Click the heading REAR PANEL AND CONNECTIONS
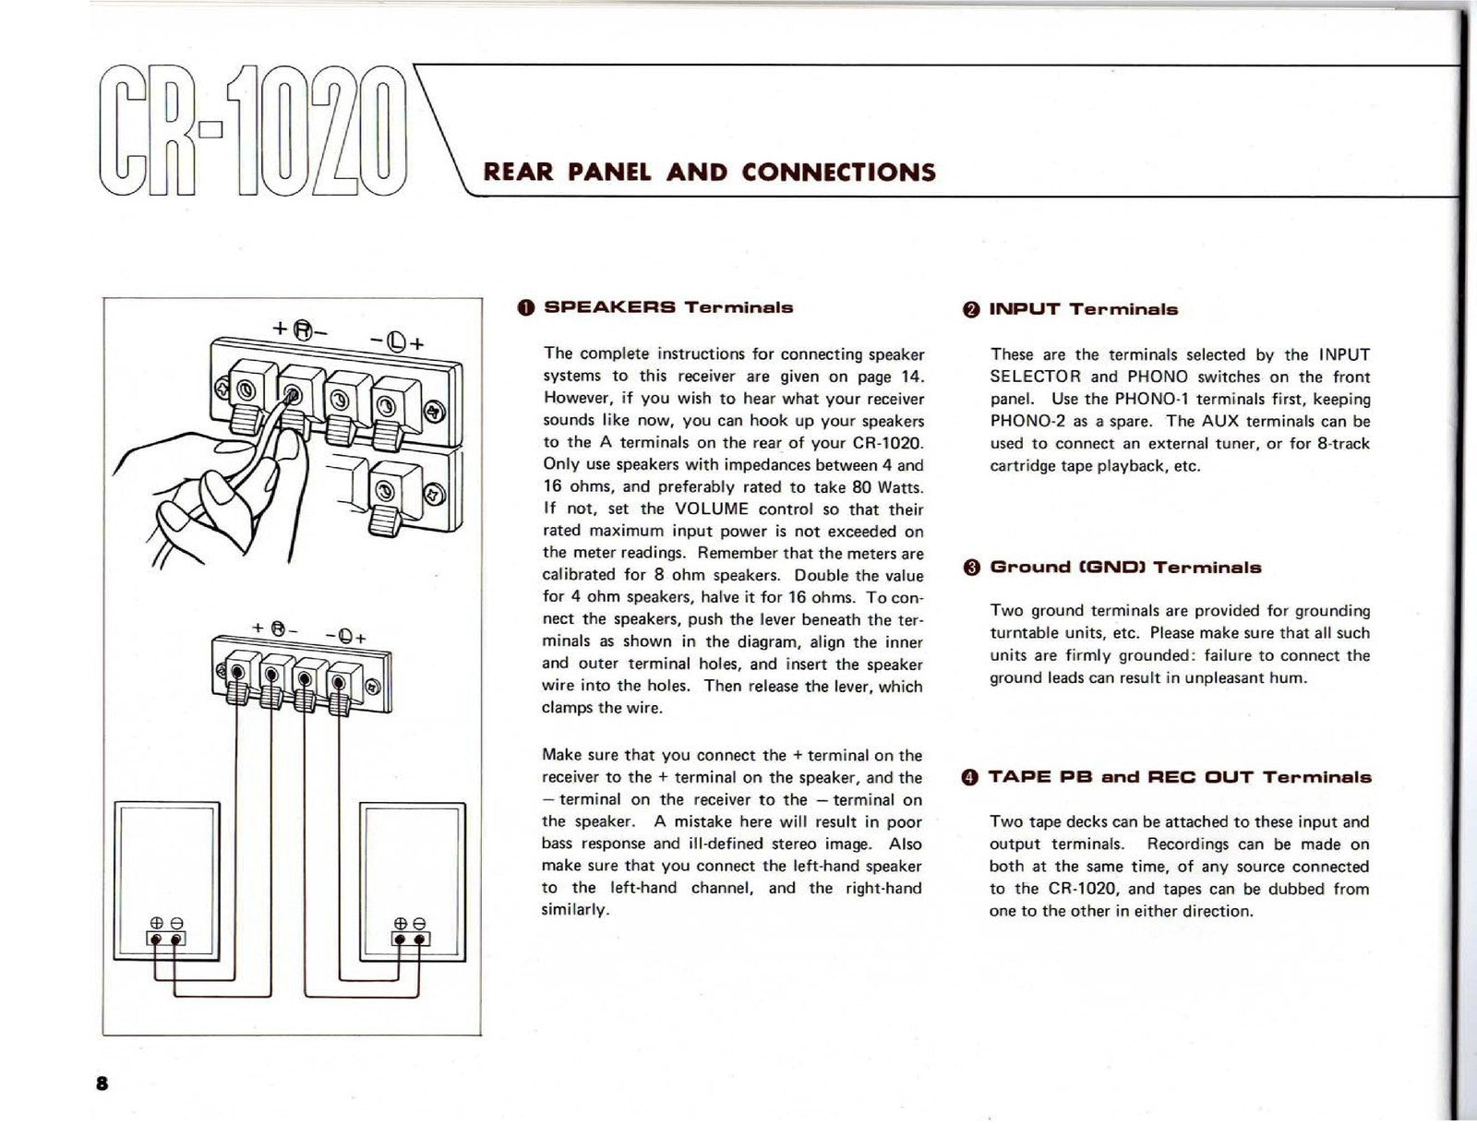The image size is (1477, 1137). (710, 173)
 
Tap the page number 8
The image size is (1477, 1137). (102, 1083)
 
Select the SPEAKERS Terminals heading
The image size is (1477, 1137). (668, 307)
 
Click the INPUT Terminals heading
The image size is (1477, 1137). (1083, 309)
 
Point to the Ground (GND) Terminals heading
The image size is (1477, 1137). (1125, 568)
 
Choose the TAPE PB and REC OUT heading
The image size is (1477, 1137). (1180, 777)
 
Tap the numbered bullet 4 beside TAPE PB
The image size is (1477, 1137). (969, 777)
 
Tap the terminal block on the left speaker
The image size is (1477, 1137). (167, 939)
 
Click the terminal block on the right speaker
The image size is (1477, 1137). (412, 939)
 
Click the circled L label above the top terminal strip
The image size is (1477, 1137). (396, 341)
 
